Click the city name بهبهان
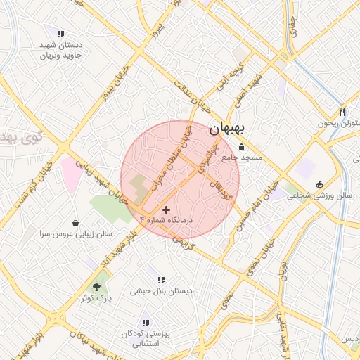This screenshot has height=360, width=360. pos(228,130)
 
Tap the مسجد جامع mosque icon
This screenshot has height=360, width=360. pos(243,147)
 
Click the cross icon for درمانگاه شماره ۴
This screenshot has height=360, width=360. pos(166,210)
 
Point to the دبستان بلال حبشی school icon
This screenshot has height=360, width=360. pos(162,279)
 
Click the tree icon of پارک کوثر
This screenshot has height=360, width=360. pos(97,287)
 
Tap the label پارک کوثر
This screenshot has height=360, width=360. pos(97,298)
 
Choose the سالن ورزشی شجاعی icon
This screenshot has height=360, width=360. pos(321,184)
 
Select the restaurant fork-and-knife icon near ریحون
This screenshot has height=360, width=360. pos(342,112)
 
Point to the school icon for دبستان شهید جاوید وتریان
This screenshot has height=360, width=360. pos(60,33)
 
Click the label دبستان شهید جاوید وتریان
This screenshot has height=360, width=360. pos(60,49)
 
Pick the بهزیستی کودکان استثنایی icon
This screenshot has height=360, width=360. pos(145,322)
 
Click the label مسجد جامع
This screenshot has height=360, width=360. pos(242,158)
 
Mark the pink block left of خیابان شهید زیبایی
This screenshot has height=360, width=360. pos(72,176)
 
